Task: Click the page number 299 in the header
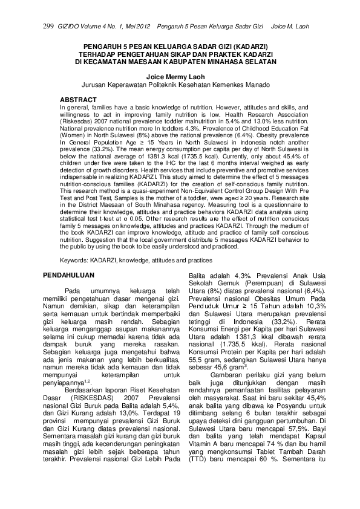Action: [50, 26]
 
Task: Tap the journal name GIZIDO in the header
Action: [68, 26]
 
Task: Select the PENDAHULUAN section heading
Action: [68, 275]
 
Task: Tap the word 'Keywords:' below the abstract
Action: [74, 260]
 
